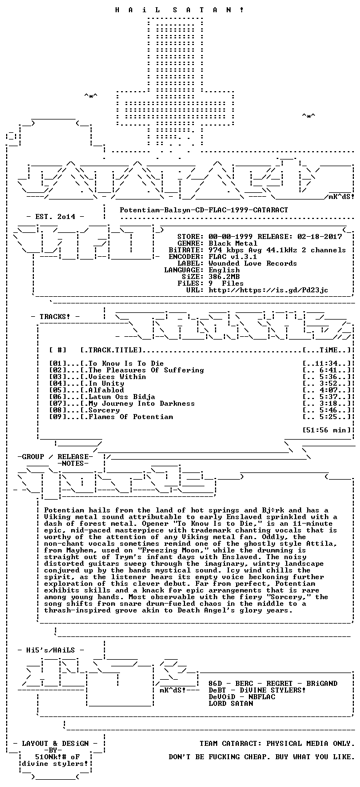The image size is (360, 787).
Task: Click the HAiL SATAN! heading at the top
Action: click(x=179, y=10)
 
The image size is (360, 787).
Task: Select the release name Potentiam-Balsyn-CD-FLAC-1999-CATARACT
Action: click(x=204, y=210)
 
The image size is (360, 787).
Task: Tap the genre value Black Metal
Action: click(x=233, y=243)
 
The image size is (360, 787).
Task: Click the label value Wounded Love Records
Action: click(x=253, y=263)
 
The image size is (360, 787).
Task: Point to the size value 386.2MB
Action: click(x=224, y=277)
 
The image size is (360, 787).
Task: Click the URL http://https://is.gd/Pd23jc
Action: click(x=268, y=290)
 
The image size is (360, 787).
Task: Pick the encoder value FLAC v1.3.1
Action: click(x=233, y=257)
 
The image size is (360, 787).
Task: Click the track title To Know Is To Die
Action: click(x=126, y=363)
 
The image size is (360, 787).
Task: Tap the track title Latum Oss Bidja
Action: click(x=122, y=397)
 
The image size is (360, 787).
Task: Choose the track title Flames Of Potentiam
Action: click(x=131, y=417)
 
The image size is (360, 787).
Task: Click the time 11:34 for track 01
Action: click(x=326, y=363)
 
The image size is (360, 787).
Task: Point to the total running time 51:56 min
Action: click(x=326, y=430)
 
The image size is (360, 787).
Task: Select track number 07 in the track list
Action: click(x=57, y=404)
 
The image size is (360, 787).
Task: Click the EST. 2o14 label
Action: click(x=55, y=217)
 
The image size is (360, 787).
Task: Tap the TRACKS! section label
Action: click(x=55, y=317)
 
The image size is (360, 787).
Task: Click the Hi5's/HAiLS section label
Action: click(x=51, y=650)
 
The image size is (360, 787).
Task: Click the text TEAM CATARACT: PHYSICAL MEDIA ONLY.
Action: click(x=276, y=744)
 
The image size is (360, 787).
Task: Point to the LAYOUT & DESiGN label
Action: click(x=55, y=744)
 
